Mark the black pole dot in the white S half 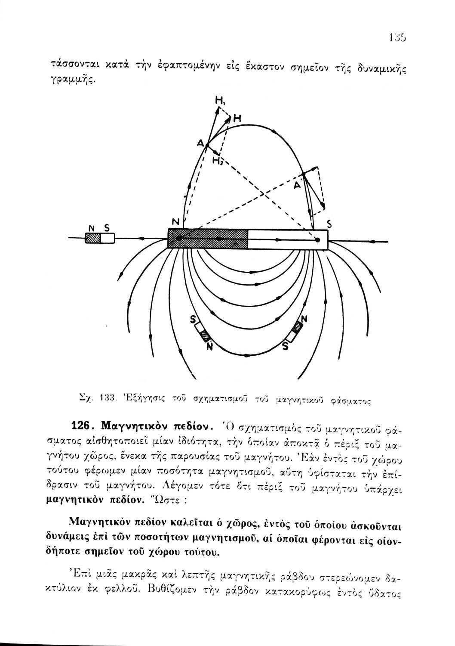(317, 240)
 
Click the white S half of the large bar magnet (287, 239)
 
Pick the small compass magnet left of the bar (100, 238)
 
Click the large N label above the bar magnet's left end (175, 222)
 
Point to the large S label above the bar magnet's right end (329, 224)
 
